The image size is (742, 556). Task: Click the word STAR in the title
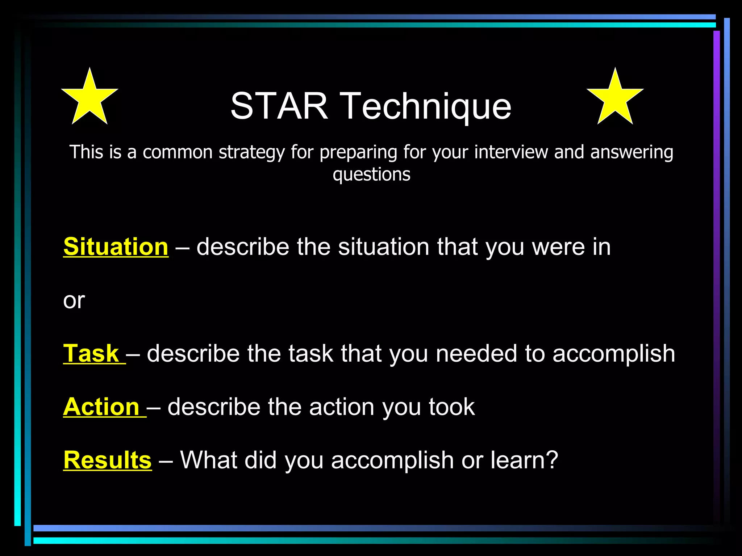point(279,106)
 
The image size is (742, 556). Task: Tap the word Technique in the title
point(426,106)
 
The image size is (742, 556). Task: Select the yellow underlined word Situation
point(116,247)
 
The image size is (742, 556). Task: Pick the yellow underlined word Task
point(91,353)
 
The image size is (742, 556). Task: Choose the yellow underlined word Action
point(101,407)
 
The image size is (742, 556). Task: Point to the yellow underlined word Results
point(107,460)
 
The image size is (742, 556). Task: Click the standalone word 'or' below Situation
point(74,300)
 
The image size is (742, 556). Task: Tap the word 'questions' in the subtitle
point(371,174)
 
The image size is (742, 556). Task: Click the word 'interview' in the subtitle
point(511,152)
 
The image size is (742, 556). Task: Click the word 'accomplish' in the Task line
point(613,354)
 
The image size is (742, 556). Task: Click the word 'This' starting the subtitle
point(86,152)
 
